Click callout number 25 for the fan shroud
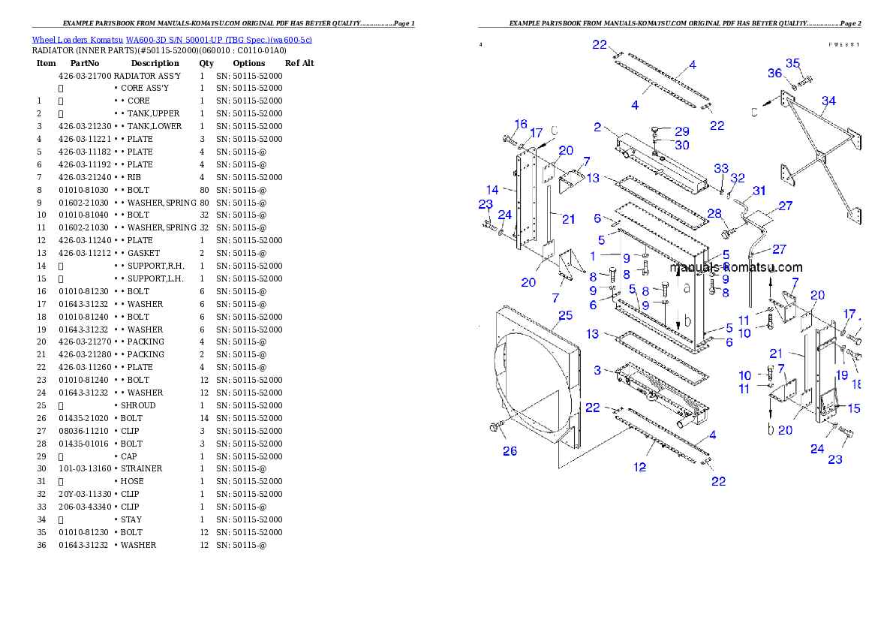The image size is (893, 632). (x=565, y=316)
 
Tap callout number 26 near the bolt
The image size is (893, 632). (x=510, y=451)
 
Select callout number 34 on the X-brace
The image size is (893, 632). (x=828, y=101)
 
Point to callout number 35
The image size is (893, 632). (x=793, y=63)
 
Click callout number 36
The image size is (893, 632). (x=774, y=74)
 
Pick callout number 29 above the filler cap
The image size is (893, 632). (x=681, y=131)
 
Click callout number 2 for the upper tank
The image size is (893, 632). (x=597, y=128)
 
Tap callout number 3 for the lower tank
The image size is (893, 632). (x=597, y=370)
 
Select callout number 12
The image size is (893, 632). (x=639, y=467)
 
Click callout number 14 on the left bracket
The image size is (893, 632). (x=492, y=190)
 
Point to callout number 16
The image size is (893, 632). (x=521, y=124)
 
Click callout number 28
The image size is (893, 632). (x=714, y=214)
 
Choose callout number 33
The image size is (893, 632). (x=721, y=168)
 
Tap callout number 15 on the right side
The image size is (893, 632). (x=853, y=408)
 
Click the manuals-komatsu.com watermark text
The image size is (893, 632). (x=736, y=268)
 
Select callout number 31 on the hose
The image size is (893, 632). (x=759, y=191)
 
